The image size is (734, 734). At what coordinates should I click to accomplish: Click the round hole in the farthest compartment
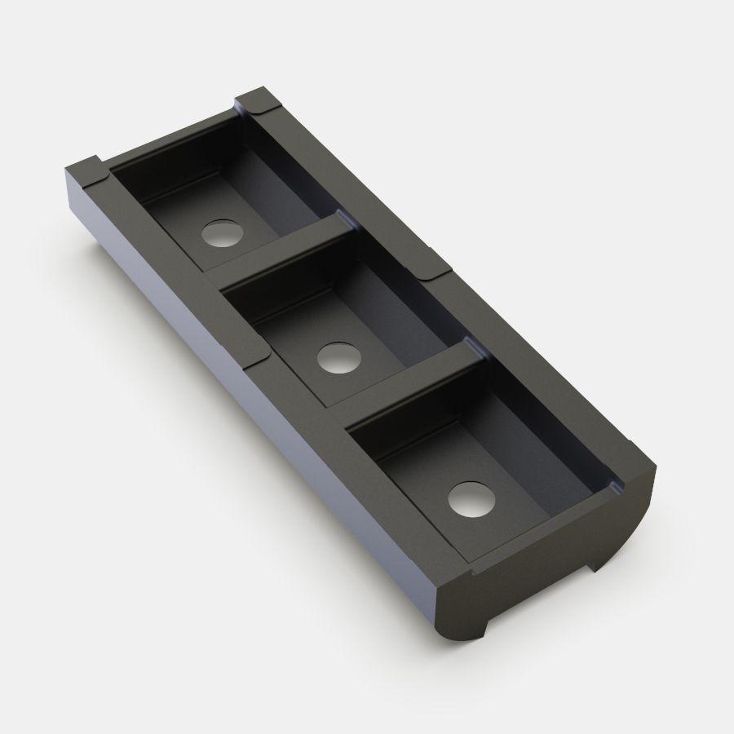(224, 234)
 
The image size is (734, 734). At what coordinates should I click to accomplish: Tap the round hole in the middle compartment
(337, 357)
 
